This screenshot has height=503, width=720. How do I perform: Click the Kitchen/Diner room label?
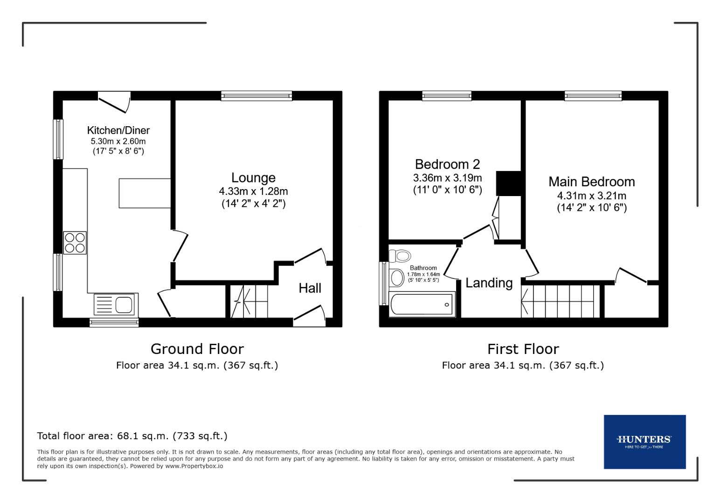[118, 130]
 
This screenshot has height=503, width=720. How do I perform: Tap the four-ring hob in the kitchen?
[75, 243]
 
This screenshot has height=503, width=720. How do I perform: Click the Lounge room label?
[253, 177]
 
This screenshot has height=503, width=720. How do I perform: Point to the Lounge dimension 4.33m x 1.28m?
[253, 191]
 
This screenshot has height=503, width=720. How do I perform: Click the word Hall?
[310, 288]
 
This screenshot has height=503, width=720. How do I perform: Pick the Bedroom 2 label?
[447, 164]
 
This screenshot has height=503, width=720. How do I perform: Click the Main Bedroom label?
[591, 182]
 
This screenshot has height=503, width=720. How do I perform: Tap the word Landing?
[489, 283]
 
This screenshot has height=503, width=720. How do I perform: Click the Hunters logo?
[644, 442]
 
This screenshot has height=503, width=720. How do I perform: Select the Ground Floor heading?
[197, 349]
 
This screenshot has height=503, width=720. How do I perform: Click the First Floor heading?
[523, 349]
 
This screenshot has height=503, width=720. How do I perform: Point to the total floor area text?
[132, 436]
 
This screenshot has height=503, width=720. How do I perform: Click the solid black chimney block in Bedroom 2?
[509, 184]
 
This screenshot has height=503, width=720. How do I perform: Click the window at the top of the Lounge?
[256, 96]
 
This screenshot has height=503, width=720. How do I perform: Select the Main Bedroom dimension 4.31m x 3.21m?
[591, 196]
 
